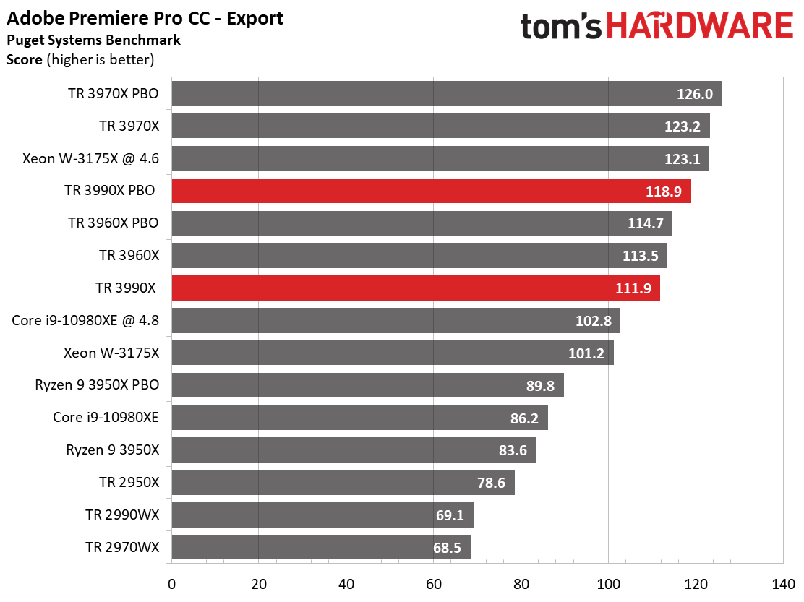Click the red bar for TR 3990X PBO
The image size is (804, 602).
(431, 192)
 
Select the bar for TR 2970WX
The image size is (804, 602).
(321, 547)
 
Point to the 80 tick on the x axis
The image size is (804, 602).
(521, 582)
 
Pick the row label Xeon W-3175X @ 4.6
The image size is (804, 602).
(90, 158)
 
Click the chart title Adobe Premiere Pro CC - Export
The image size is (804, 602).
(145, 18)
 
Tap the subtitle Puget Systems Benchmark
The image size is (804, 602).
(93, 40)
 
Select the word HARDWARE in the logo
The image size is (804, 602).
(699, 26)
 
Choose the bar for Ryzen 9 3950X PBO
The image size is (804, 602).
(367, 386)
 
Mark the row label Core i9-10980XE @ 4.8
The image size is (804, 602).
(85, 320)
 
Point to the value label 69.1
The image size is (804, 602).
(450, 515)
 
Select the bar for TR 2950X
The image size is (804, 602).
(343, 483)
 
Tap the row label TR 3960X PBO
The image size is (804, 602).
(113, 223)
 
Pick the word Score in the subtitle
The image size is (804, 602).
(25, 59)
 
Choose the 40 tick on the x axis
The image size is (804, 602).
(346, 582)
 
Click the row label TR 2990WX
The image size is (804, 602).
(122, 515)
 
